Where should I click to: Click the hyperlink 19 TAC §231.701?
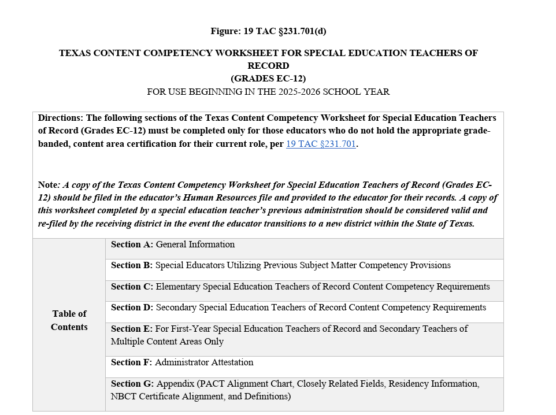321,144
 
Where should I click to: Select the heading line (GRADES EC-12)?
268,79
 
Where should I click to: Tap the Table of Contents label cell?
69,320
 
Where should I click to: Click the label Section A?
132,244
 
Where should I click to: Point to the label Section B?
132,265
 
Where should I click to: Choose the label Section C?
132,287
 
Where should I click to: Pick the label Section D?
132,307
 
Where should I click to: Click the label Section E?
132,329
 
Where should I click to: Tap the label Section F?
132,362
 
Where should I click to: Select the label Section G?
132,384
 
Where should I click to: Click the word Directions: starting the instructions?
61,118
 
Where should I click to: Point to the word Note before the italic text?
48,185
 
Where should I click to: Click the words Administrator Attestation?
204,362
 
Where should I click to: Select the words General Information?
195,244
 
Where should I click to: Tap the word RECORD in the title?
268,66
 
